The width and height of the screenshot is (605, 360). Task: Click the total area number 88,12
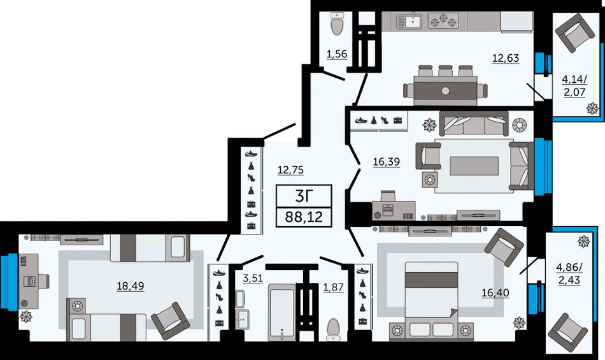click(x=304, y=217)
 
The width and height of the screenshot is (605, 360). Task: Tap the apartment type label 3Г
click(x=303, y=196)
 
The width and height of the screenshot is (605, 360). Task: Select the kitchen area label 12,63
click(x=506, y=58)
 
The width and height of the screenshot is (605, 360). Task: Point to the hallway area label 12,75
click(x=290, y=169)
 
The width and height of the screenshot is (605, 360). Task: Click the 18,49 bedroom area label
click(x=131, y=286)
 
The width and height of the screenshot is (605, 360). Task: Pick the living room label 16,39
click(x=386, y=162)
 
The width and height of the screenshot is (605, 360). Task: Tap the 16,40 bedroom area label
click(x=495, y=293)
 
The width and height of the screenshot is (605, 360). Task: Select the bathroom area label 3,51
click(x=253, y=278)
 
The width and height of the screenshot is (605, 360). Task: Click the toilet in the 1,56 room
click(x=338, y=24)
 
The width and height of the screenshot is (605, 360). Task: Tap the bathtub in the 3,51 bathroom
click(x=282, y=313)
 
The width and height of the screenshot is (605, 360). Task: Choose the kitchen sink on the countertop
click(x=412, y=20)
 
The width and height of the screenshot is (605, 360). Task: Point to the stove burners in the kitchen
click(x=444, y=20)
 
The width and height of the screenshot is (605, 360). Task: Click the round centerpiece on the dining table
click(x=445, y=91)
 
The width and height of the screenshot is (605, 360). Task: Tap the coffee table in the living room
click(x=474, y=166)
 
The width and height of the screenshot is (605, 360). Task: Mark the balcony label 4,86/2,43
click(x=569, y=273)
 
